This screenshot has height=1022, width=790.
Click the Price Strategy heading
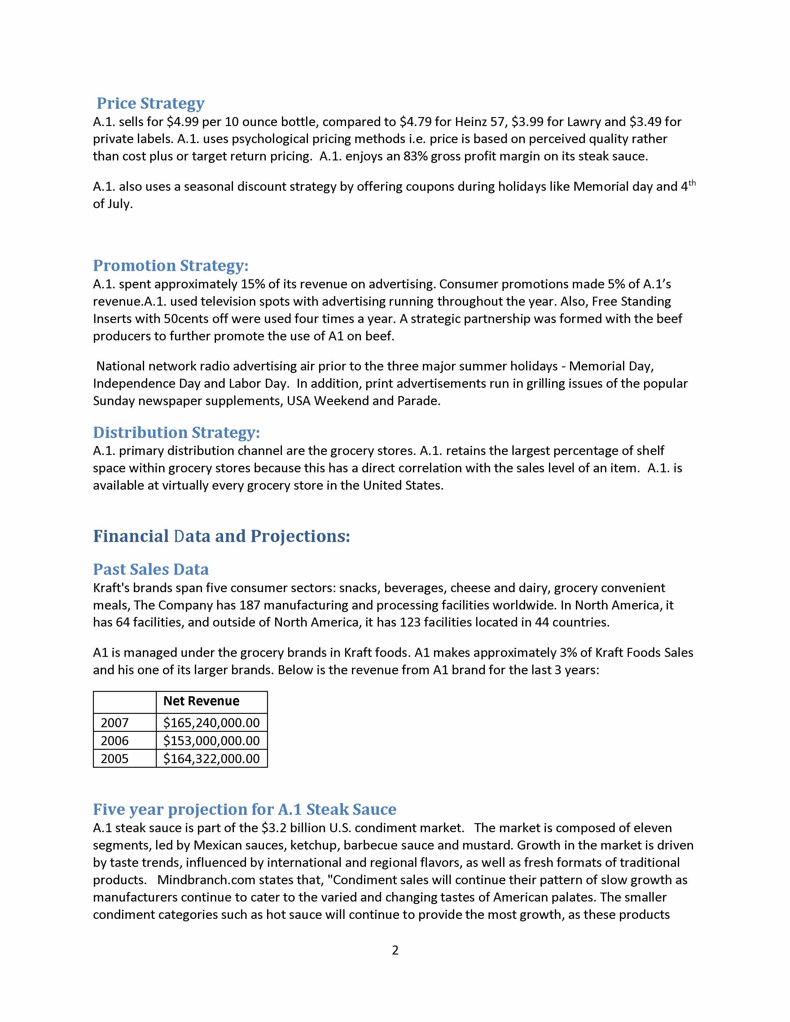pyautogui.click(x=150, y=103)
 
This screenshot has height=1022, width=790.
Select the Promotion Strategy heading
pyautogui.click(x=170, y=265)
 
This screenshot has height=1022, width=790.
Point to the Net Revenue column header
pyautogui.click(x=201, y=701)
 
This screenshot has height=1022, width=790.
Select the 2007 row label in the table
pyautogui.click(x=115, y=723)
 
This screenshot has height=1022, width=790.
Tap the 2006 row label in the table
pyautogui.click(x=115, y=741)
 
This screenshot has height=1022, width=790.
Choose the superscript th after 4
pyautogui.click(x=692, y=183)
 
